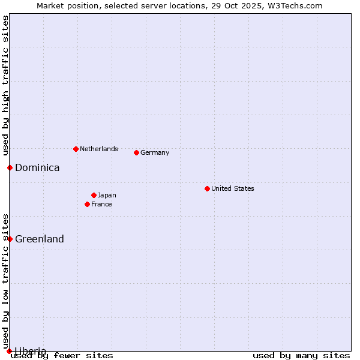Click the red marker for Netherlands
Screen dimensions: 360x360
[x=76, y=149]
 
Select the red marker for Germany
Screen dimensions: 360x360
[x=136, y=152]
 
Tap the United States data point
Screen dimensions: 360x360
[x=207, y=188]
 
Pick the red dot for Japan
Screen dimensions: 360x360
[x=94, y=195]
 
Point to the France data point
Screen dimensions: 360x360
[x=87, y=204]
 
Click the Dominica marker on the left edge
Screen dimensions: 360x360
[x=10, y=167]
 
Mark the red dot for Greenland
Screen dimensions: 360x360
[x=10, y=239]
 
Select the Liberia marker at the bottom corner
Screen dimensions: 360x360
[x=10, y=351]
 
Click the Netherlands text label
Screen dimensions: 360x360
[x=99, y=149]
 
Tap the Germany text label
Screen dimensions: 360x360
[x=155, y=152]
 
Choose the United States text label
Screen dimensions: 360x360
[x=233, y=188]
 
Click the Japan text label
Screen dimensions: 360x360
[x=107, y=195]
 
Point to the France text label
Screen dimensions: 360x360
[x=101, y=204]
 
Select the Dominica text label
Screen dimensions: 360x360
[x=37, y=167]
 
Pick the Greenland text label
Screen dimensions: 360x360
[x=40, y=239]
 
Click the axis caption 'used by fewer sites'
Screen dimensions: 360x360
[x=62, y=356]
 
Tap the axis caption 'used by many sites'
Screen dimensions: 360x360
[x=301, y=356]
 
